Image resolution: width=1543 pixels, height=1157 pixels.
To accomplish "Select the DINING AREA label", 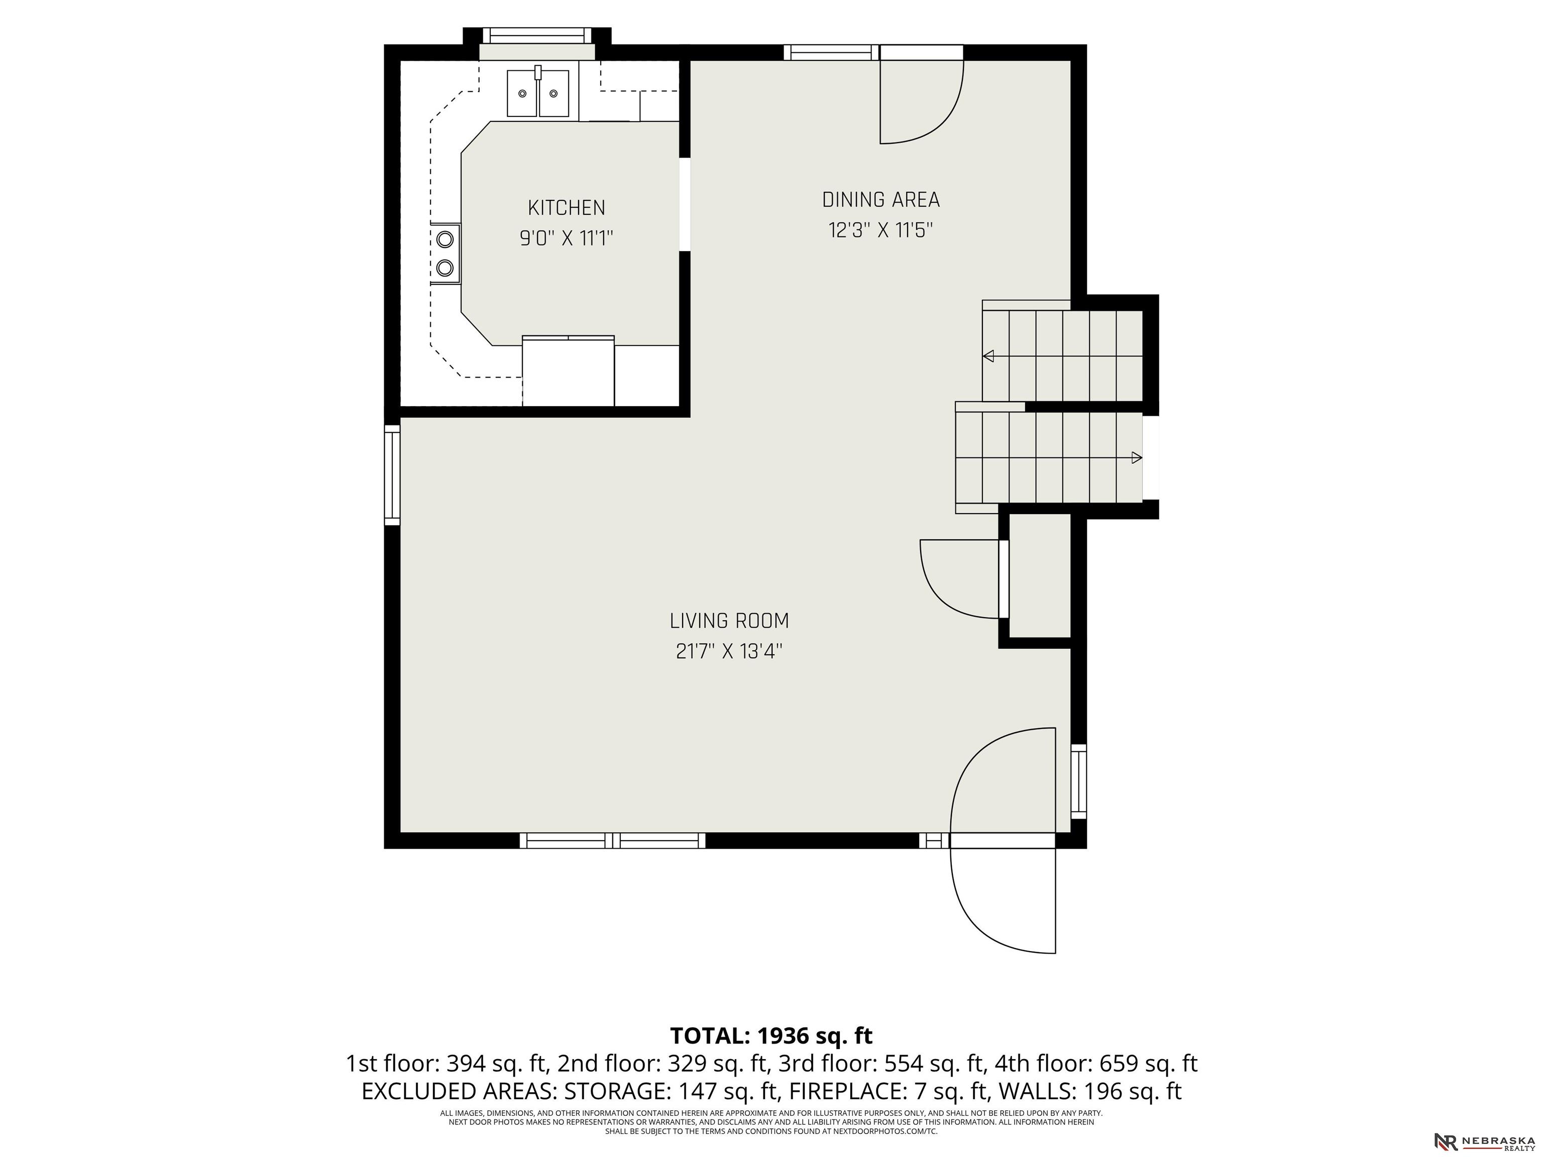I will [x=880, y=200].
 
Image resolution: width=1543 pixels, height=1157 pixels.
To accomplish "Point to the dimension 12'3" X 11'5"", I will [x=880, y=230].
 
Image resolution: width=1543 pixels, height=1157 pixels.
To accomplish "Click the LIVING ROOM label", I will [x=729, y=621].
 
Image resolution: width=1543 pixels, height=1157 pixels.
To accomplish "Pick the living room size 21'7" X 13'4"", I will [x=729, y=651].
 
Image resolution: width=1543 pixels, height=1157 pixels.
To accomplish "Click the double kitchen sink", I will [x=538, y=93].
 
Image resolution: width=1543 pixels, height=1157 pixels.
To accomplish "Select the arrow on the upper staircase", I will [x=988, y=357].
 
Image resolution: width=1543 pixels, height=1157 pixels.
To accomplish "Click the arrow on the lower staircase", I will [x=1136, y=457].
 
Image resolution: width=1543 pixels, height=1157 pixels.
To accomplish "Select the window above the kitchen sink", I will [x=536, y=35].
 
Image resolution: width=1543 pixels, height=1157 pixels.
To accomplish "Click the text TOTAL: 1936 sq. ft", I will [x=771, y=1035].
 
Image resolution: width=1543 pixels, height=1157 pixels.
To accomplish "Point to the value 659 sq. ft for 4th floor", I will [x=1148, y=1064].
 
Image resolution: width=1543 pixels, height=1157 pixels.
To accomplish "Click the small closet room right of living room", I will [x=1039, y=575].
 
